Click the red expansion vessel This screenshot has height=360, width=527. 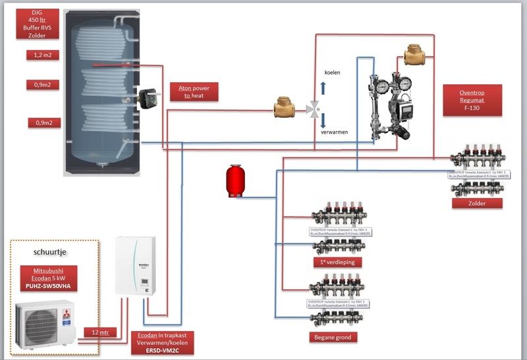tap(232, 181)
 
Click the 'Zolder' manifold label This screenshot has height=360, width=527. tap(477, 203)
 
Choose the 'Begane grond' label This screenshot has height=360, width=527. tap(333, 337)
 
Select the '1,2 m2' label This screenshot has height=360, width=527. tap(43, 55)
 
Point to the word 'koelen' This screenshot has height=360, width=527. tap(333, 72)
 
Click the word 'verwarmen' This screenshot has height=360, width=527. tap(334, 132)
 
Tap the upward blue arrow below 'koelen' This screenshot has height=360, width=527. tap(322, 88)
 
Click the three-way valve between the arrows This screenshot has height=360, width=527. tap(314, 108)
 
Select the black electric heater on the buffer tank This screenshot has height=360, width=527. tap(146, 99)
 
